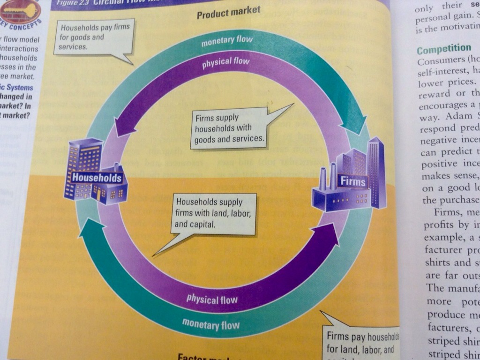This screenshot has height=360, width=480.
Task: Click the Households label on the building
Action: coord(97,178)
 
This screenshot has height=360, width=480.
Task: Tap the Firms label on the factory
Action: coord(353,180)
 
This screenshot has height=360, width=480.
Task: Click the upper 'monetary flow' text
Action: coord(227,41)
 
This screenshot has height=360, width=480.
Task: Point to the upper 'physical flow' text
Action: coord(225,63)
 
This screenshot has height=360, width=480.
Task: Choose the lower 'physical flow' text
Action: coord(212,299)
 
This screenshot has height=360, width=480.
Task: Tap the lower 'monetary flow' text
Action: coord(210,323)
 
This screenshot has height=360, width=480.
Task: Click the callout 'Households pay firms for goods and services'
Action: coord(94,37)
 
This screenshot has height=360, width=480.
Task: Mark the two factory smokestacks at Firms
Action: coord(328,177)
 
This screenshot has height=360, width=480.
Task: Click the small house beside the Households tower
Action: coord(111,188)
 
